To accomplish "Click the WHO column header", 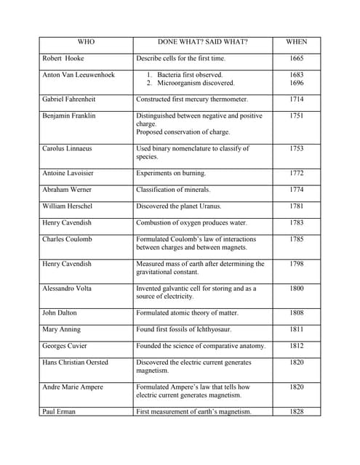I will click(x=86, y=42).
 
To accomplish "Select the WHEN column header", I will click(x=296, y=42).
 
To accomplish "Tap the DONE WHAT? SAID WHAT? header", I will click(x=202, y=42).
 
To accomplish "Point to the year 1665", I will click(x=296, y=58).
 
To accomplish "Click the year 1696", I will click(x=296, y=83).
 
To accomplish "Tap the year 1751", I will click(x=296, y=116).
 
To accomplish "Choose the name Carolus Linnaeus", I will click(x=68, y=148).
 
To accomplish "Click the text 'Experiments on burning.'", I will click(x=171, y=173).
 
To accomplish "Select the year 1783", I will click(x=296, y=223).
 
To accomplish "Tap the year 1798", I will click(x=296, y=264).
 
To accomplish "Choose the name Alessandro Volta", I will click(x=69, y=288).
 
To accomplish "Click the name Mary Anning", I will click(x=61, y=330).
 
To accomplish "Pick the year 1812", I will click(x=296, y=346).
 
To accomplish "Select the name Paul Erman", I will click(x=60, y=412).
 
